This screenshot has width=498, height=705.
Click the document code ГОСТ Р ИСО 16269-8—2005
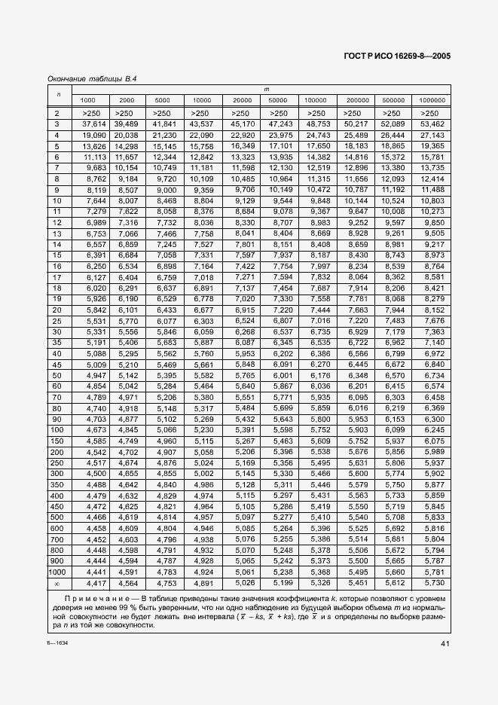[397, 55]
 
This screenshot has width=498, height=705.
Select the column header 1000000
[432, 100]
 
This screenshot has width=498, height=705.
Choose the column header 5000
[162, 100]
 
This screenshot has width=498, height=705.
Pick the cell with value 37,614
[88, 123]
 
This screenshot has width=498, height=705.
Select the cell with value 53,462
[432, 123]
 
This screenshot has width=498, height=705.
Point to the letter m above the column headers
[264, 90]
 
